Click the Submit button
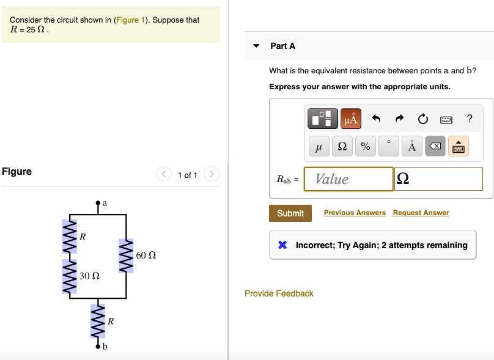click(x=290, y=213)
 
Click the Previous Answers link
click(x=355, y=213)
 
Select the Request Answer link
click(x=421, y=213)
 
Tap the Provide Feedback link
click(x=279, y=293)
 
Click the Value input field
click(x=348, y=179)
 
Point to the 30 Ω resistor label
click(x=89, y=276)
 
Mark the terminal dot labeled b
click(x=97, y=346)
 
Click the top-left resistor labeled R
click(x=69, y=236)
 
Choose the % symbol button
click(x=366, y=147)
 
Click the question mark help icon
click(x=470, y=118)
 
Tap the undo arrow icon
click(x=377, y=119)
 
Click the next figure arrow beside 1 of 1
click(x=211, y=175)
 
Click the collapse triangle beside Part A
click(x=257, y=46)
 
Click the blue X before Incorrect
click(x=282, y=245)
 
